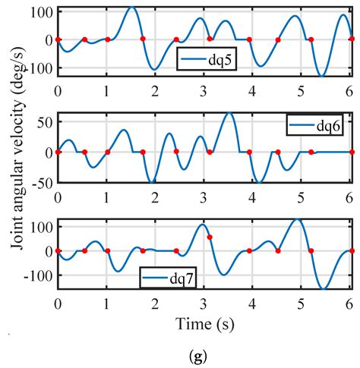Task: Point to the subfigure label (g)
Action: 204,354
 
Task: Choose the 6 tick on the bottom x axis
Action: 349,304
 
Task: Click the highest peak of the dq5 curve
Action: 131,8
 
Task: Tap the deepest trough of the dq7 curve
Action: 324,289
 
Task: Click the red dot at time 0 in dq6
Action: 58,152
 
